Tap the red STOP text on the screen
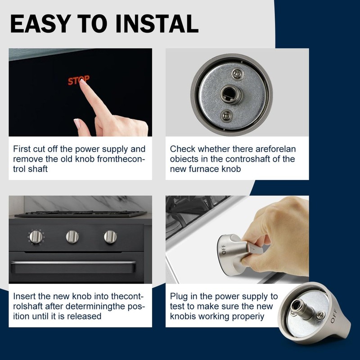pos(79,81)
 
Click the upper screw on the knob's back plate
pos(236,72)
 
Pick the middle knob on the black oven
pos(72,236)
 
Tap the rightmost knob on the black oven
pos(110,236)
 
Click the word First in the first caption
pos(22,148)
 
